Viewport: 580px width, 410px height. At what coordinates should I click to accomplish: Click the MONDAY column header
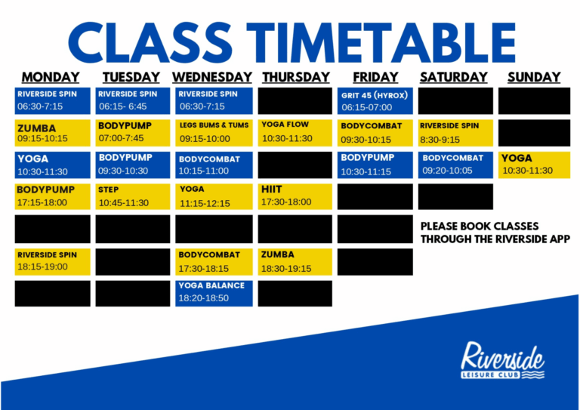(51, 77)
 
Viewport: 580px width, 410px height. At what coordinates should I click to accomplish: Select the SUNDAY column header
(534, 77)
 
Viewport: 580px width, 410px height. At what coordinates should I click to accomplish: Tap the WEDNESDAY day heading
(212, 77)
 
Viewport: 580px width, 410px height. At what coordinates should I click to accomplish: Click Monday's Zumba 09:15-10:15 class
(53, 133)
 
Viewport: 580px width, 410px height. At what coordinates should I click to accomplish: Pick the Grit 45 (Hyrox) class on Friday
(375, 101)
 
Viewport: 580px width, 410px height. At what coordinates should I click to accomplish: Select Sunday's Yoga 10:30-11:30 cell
(534, 165)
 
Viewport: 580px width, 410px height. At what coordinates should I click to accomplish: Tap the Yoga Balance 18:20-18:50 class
(214, 294)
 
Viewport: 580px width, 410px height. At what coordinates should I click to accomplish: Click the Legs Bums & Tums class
(214, 133)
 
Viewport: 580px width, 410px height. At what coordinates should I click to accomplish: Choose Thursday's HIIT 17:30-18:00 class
(295, 196)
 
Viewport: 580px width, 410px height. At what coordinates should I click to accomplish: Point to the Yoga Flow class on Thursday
(295, 133)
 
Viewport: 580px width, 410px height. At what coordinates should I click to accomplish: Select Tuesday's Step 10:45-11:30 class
(133, 196)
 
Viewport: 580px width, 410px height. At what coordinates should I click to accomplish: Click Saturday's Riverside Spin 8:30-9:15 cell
(455, 133)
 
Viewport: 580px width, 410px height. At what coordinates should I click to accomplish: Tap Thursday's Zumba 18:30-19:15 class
(295, 262)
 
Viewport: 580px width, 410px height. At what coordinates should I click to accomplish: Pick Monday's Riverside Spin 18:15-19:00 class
(53, 262)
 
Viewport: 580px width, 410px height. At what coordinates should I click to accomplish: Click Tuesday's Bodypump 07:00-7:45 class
(133, 133)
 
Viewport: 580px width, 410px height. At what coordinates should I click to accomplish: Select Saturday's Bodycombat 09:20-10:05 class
(455, 165)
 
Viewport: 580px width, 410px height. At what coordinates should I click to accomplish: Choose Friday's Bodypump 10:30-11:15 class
(375, 165)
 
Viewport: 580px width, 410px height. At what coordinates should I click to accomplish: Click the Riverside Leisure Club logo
(502, 360)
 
